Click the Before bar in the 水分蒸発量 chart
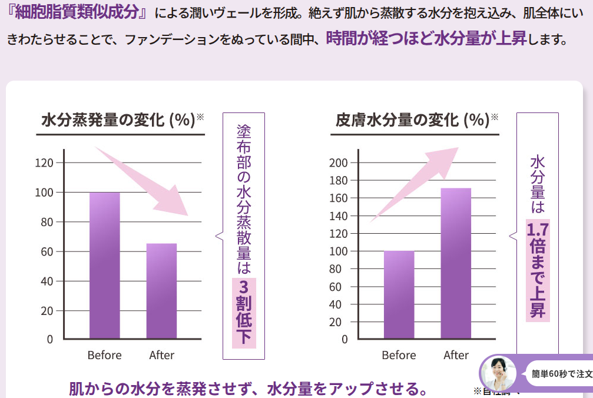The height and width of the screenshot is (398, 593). tap(104, 266)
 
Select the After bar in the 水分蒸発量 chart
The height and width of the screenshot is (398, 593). tap(161, 291)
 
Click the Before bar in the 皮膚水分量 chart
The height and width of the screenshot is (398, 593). tap(399, 294)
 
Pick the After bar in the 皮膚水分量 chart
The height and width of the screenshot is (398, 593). tap(456, 264)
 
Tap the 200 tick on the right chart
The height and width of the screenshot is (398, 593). tap(339, 162)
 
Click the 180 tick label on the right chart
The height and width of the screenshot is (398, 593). tap(339, 180)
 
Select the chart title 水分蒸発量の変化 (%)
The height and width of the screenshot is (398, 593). tap(118, 120)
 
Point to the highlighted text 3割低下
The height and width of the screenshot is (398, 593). tap(244, 312)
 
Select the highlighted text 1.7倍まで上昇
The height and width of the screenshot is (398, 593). tap(537, 270)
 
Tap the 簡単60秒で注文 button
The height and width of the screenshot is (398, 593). tap(561, 373)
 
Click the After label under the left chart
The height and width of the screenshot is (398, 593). tap(161, 355)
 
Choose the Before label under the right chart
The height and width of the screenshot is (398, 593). tap(399, 355)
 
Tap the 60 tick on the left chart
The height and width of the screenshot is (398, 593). tap(47, 251)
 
